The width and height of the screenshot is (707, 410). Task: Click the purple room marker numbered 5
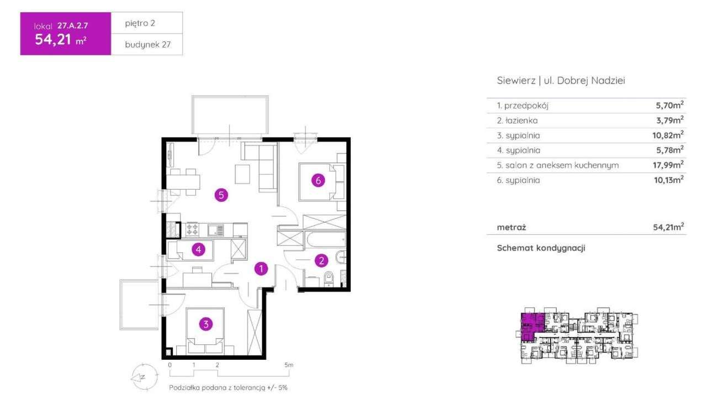221,195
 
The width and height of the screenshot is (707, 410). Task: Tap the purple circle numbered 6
318,180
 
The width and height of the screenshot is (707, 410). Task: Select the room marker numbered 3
206,324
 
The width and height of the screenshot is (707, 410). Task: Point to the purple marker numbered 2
321,261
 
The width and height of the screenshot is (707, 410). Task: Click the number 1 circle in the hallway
261,269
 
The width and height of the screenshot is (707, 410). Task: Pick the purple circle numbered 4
198,250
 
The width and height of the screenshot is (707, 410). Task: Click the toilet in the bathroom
329,279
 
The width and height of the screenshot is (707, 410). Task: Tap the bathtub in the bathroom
326,243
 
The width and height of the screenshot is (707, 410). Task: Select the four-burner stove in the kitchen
192,229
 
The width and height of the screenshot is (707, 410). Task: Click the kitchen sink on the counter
215,230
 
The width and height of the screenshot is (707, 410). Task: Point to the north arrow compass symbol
145,377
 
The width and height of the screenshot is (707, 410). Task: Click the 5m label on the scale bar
289,365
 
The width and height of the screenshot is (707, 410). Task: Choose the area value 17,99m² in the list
668,165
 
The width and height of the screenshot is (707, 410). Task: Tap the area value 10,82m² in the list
668,135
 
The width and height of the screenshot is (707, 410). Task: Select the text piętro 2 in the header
140,23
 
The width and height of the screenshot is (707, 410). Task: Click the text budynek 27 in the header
147,45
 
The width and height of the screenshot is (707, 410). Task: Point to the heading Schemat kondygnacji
541,248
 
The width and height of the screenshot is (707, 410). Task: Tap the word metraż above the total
511,227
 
